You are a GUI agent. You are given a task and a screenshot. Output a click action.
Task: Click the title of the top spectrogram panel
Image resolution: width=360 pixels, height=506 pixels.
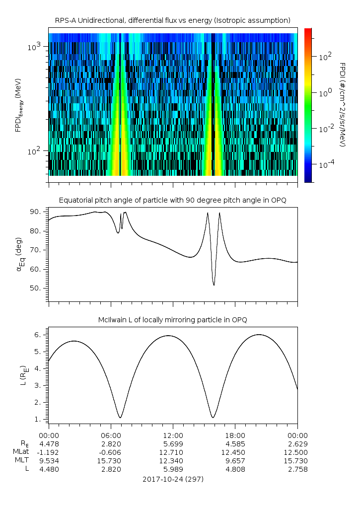(x=172, y=20)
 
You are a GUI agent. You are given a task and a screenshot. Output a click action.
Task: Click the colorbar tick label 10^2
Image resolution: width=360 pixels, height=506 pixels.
(x=324, y=57)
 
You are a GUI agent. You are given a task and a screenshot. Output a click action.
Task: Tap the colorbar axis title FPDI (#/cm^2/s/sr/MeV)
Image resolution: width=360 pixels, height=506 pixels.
(x=343, y=104)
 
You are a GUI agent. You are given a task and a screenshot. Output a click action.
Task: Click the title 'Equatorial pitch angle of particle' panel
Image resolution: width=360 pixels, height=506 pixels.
(x=172, y=200)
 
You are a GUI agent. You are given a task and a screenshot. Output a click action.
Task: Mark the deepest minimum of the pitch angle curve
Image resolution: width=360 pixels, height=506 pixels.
(x=214, y=285)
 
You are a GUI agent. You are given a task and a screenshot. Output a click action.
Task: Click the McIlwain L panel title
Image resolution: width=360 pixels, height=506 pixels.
(x=172, y=320)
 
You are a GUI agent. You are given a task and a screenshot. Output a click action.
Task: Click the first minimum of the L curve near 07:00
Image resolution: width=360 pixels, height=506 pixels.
(x=120, y=417)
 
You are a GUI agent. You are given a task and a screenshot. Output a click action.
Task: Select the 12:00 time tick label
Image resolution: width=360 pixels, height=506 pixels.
(x=173, y=434)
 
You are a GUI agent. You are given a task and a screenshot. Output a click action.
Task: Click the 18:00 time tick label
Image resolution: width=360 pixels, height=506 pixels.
(x=235, y=434)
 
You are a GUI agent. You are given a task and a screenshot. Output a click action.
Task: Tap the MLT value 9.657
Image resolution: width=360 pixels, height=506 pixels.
(x=235, y=461)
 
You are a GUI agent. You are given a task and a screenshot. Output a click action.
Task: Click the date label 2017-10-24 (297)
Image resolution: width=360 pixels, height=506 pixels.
(x=173, y=479)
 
